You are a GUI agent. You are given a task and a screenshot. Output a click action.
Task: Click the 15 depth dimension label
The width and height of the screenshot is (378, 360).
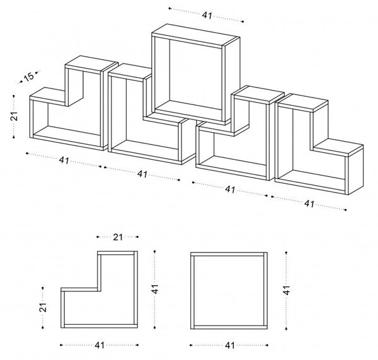(x=29, y=77)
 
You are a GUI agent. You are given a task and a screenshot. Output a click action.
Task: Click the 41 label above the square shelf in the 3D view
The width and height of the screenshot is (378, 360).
(x=207, y=15)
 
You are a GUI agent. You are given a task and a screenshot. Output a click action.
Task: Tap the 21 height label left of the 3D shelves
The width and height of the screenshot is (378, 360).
(x=14, y=116)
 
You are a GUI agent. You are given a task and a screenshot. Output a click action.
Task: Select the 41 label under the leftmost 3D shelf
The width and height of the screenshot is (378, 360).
(x=64, y=160)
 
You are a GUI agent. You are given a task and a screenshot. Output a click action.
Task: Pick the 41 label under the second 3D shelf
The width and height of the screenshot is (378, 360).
(x=142, y=174)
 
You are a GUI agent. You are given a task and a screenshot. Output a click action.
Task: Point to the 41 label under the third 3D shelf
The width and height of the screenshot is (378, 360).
(x=230, y=189)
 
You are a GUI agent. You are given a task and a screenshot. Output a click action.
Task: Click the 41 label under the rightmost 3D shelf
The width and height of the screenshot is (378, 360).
(x=309, y=204)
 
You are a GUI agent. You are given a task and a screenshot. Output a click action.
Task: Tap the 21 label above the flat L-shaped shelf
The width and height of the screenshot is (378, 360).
(x=118, y=237)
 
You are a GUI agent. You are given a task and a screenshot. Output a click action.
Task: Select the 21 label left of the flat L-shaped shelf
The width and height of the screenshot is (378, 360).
(x=42, y=307)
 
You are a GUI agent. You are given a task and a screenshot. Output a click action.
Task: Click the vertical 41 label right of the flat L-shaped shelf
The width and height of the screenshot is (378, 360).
(x=155, y=289)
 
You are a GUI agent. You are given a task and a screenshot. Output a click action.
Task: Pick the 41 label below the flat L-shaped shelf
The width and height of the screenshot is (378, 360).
(x=100, y=346)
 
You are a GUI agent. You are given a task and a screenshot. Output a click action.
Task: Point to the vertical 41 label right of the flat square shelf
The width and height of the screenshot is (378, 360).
(x=286, y=290)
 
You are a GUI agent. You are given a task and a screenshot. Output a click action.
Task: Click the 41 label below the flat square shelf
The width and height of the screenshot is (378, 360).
(x=230, y=346)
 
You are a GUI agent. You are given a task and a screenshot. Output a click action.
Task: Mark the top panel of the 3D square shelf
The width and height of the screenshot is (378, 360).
(x=196, y=35)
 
